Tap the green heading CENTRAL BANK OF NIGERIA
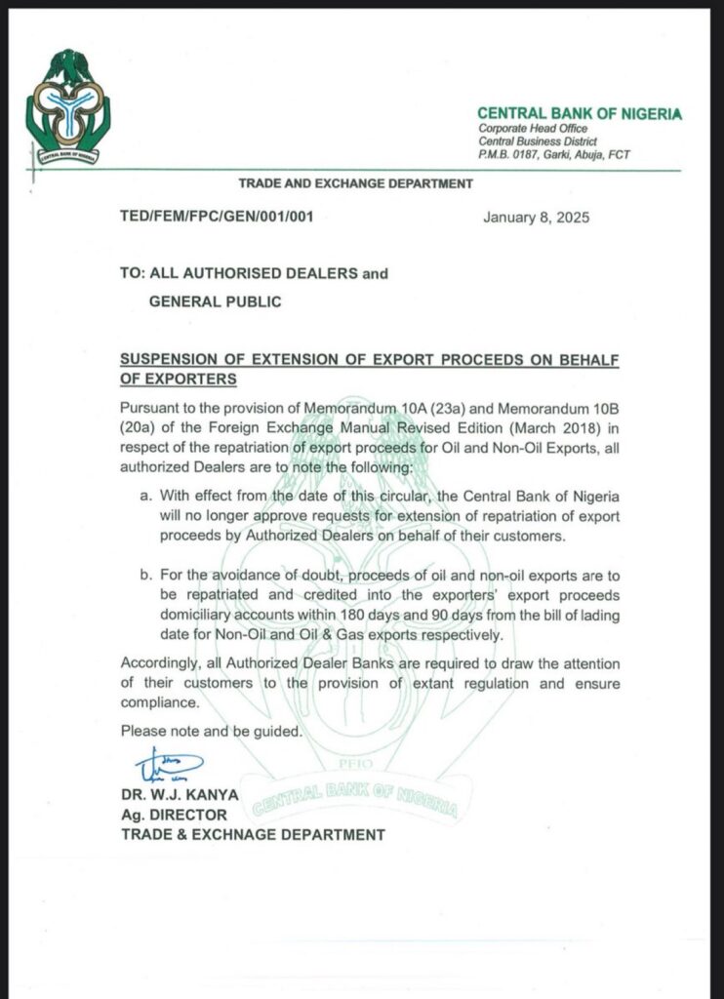click(580, 114)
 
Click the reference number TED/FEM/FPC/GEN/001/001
click(217, 217)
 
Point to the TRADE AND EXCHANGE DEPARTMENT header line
click(356, 183)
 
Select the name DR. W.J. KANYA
click(180, 795)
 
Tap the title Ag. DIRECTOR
click(174, 815)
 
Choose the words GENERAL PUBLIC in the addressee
click(215, 301)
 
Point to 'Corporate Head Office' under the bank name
click(528, 130)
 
